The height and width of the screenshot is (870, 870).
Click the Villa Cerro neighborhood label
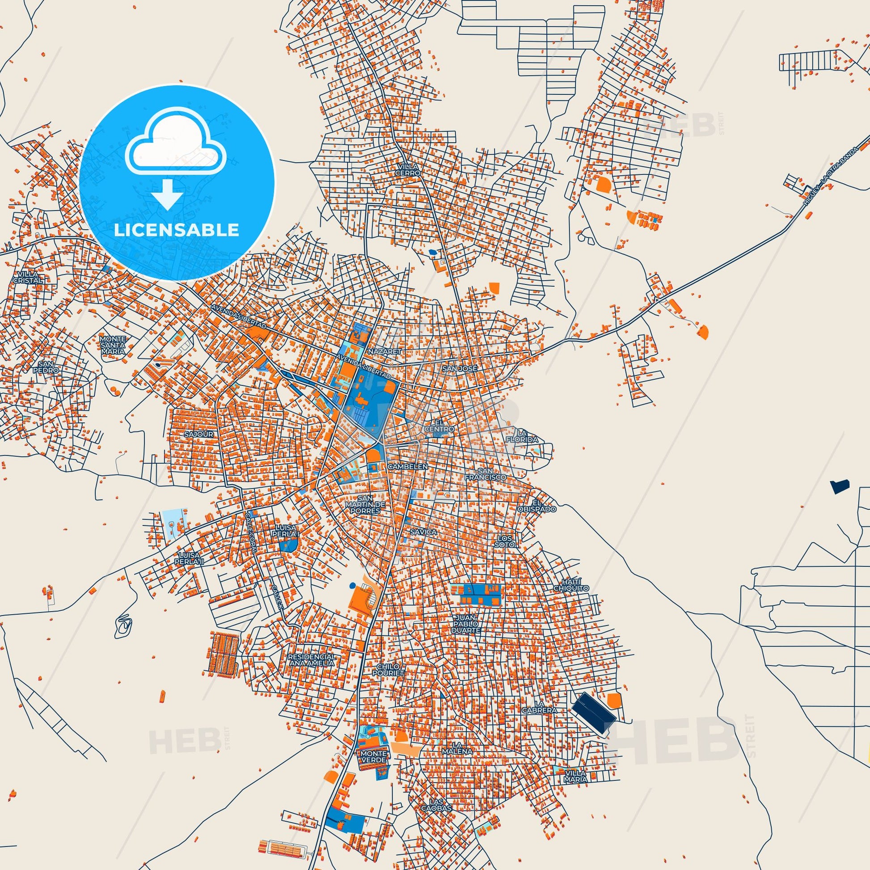(408, 169)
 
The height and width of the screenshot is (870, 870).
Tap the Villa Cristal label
(30, 277)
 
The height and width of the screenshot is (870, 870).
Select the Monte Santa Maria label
(113, 345)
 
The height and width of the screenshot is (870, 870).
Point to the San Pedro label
(48, 367)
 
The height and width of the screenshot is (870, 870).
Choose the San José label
(459, 368)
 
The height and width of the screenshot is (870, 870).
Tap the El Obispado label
(543, 506)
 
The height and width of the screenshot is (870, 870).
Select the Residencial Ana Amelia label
(312, 660)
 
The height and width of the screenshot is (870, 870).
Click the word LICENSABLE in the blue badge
(176, 230)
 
